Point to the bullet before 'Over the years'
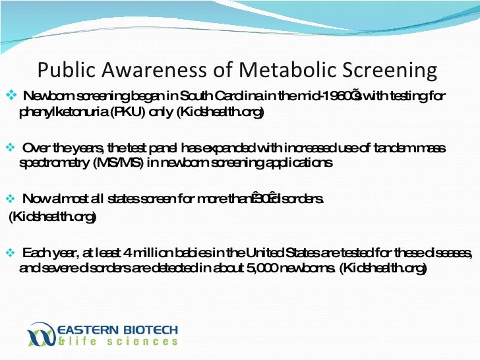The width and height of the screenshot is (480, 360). pyautogui.click(x=9, y=147)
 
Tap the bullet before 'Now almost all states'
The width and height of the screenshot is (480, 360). pyautogui.click(x=9, y=198)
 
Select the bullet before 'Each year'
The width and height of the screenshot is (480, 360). pyautogui.click(x=9, y=253)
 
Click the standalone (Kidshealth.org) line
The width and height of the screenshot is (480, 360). pyautogui.click(x=51, y=217)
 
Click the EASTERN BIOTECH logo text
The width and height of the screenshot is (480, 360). pyautogui.click(x=118, y=328)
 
